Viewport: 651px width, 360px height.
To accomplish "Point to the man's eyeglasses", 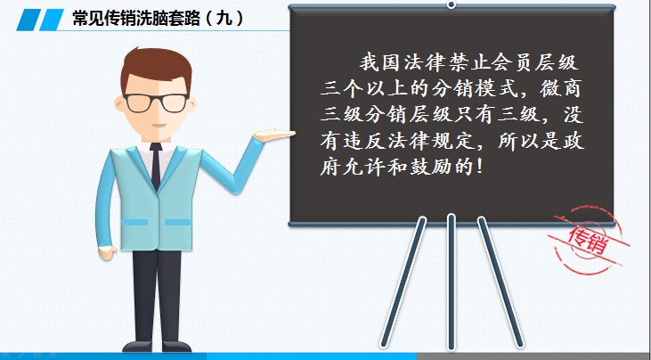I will [155, 101].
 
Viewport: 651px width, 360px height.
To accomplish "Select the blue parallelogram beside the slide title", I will [37, 19].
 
